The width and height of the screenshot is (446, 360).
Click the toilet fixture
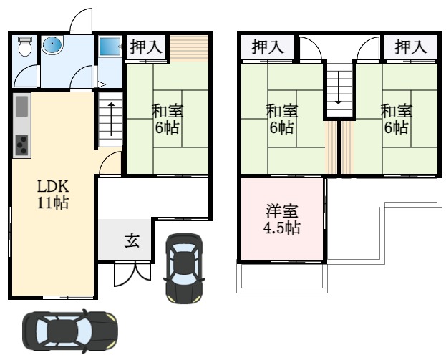25,46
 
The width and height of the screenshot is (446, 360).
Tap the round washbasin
52,44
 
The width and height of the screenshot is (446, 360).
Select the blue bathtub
110,47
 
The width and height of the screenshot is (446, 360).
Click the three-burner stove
22,145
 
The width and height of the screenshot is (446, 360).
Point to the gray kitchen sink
22,107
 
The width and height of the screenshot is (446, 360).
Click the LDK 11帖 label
53,195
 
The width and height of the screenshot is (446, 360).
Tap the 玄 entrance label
132,241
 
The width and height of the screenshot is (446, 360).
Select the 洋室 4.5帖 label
281,219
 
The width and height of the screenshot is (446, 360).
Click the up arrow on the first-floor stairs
111,119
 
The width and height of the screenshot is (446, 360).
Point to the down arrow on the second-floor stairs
338,87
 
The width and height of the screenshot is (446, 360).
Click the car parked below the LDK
70,331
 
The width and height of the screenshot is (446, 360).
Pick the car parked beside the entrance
185,268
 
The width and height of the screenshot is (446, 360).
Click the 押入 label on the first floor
146,47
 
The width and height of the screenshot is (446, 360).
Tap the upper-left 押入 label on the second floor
268,47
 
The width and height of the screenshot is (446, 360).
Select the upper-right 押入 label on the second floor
411,47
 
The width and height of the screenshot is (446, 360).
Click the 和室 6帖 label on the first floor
168,119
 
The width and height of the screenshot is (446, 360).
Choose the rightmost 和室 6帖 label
397,119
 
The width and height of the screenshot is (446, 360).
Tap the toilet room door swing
26,76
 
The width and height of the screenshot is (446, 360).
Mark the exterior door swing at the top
81,20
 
